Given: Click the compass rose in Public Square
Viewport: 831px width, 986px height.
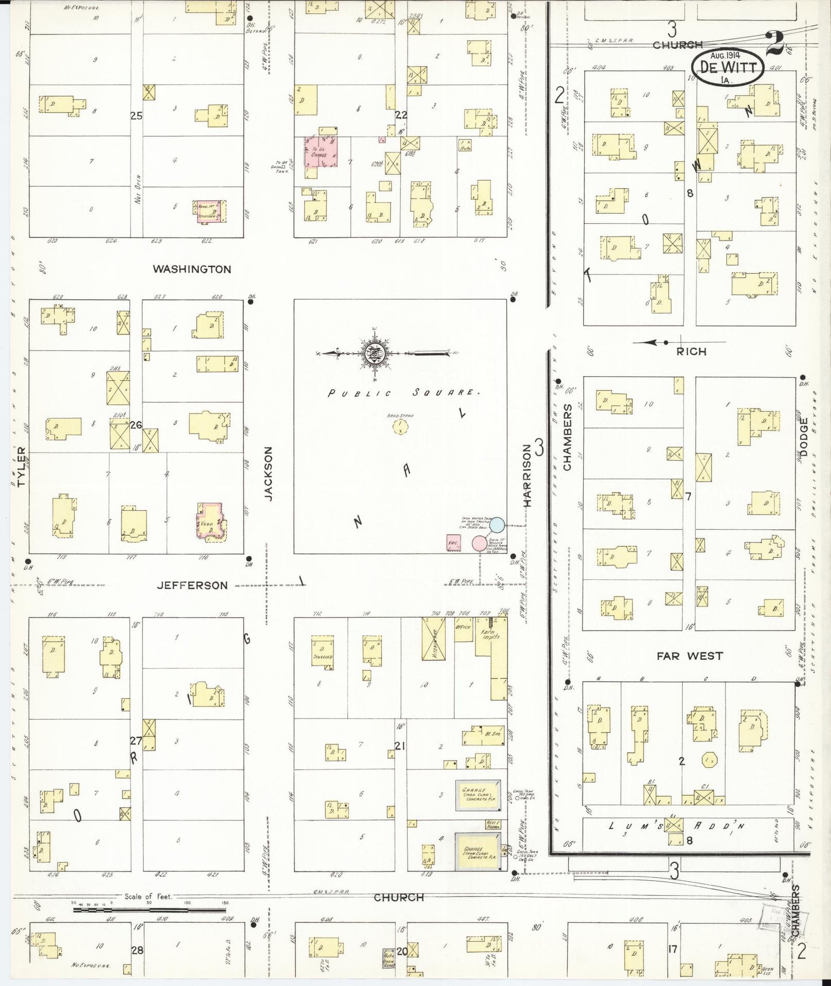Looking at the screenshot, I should [374, 353].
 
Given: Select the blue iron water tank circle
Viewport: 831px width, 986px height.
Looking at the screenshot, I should [497, 524].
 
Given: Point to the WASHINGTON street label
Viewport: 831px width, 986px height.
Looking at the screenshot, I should [192, 269].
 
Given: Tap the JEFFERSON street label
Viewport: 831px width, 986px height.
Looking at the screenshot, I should [192, 586].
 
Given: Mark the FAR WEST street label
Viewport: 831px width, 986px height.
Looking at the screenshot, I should [690, 655].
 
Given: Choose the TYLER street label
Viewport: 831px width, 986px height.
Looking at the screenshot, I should [22, 467].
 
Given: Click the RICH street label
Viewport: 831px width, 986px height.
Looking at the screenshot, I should [691, 351].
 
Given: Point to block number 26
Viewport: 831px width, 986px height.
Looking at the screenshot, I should [136, 426].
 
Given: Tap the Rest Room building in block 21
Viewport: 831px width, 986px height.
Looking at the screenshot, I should [493, 825].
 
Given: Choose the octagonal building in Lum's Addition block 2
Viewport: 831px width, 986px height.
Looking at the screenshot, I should [709, 760].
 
